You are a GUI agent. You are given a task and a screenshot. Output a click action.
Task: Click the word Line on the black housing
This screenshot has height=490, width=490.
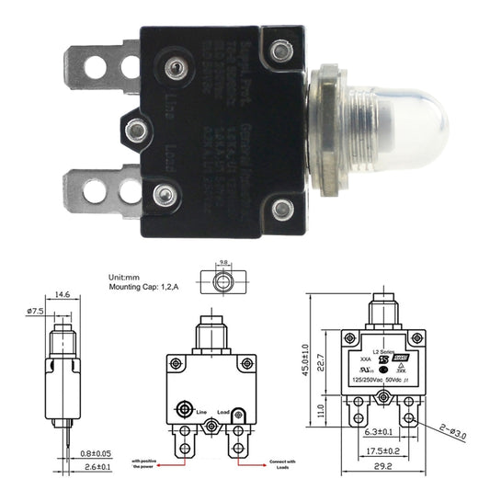pos(170,102)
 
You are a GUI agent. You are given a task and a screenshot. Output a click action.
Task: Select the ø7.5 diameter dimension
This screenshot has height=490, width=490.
pos(35,311)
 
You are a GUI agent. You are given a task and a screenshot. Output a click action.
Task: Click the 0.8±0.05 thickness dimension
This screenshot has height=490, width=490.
pos(96,453)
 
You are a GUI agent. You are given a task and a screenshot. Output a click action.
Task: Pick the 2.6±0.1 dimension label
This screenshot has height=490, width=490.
pos(96,467)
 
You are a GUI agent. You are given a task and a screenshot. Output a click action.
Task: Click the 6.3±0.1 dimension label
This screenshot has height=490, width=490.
pos(380,431)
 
